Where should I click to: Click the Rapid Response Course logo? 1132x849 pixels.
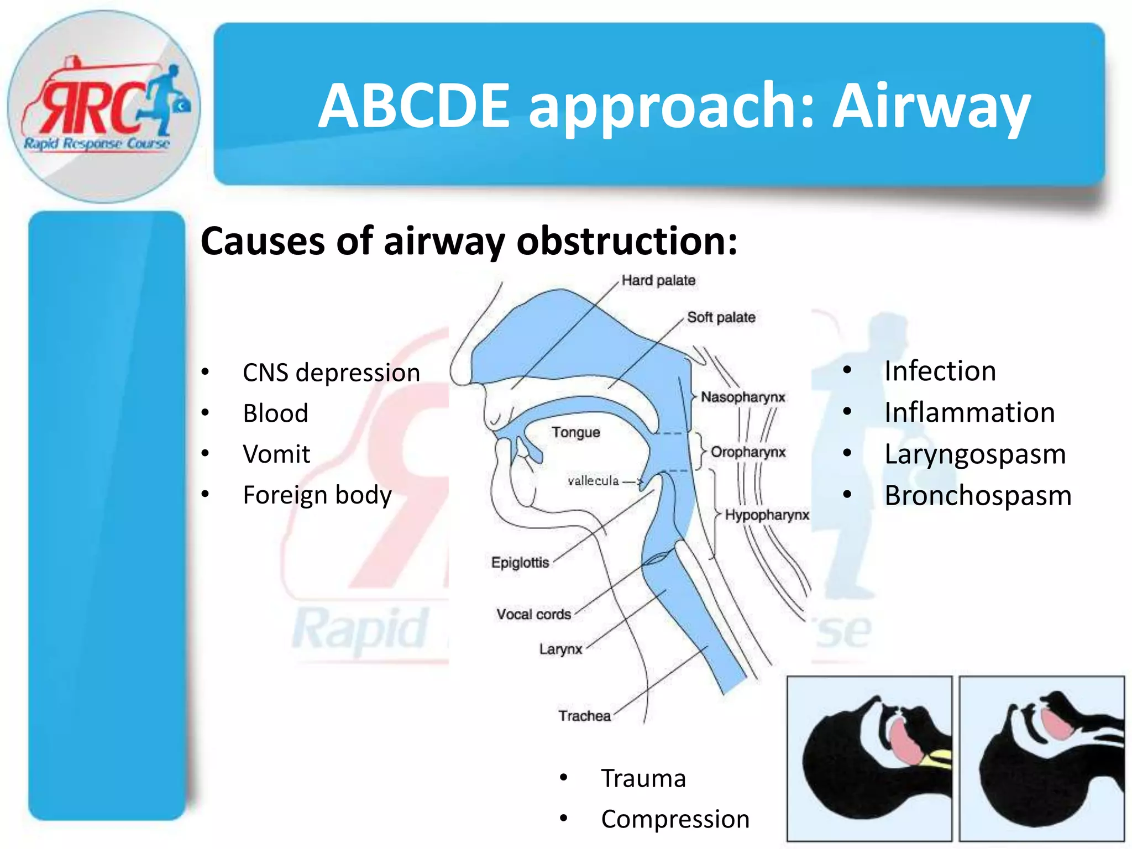(x=104, y=107)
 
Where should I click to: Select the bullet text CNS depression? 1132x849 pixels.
(x=331, y=373)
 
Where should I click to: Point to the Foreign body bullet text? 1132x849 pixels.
(x=317, y=495)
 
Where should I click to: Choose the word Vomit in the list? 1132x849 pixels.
(x=276, y=454)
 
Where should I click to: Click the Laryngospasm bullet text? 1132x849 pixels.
(x=975, y=454)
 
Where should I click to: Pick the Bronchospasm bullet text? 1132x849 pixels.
(x=978, y=495)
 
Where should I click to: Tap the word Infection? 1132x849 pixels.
(x=940, y=371)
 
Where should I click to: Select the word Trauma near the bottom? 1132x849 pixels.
(x=643, y=778)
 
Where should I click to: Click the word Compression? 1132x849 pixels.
(x=675, y=819)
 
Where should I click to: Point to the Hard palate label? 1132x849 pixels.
(x=658, y=280)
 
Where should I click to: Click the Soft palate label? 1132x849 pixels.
(x=721, y=317)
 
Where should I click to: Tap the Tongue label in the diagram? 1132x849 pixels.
(x=575, y=432)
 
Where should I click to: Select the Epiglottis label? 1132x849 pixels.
(x=520, y=563)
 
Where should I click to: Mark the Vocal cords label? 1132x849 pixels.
(x=533, y=614)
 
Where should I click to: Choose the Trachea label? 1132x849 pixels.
(x=584, y=716)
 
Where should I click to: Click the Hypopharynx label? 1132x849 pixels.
(x=767, y=515)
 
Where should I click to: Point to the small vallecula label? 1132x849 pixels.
(x=593, y=481)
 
